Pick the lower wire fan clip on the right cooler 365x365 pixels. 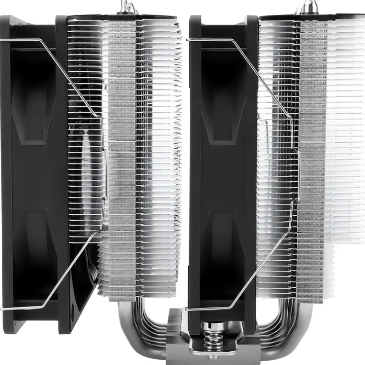tap(256, 265)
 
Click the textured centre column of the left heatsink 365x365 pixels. tap(122, 156)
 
